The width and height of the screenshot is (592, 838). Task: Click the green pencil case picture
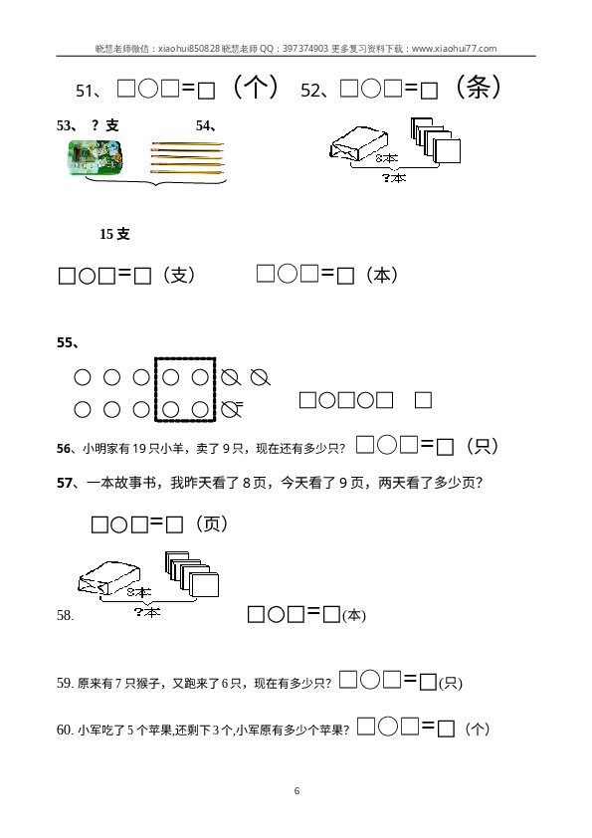(95, 156)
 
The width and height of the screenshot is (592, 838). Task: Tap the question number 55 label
(68, 342)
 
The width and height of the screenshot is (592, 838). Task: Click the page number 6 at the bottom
(297, 791)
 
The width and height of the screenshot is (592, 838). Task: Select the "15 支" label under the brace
(114, 234)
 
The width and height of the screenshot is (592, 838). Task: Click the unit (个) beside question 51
(256, 87)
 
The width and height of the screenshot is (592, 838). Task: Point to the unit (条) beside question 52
(478, 87)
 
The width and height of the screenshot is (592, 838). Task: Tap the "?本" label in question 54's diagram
(394, 177)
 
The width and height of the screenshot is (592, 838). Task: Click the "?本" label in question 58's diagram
(147, 611)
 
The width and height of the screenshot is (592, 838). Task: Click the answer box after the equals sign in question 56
(445, 447)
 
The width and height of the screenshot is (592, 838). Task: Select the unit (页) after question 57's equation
(212, 524)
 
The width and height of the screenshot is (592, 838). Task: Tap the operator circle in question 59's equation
(370, 680)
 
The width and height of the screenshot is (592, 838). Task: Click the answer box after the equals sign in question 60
(446, 729)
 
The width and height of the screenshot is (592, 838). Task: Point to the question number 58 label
(66, 615)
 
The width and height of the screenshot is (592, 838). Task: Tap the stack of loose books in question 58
(192, 574)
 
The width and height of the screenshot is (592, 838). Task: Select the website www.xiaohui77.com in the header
(454, 49)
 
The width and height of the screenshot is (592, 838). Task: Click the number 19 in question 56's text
(139, 449)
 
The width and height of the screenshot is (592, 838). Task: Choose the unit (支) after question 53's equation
(179, 276)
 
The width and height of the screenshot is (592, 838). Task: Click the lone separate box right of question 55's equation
(423, 400)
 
